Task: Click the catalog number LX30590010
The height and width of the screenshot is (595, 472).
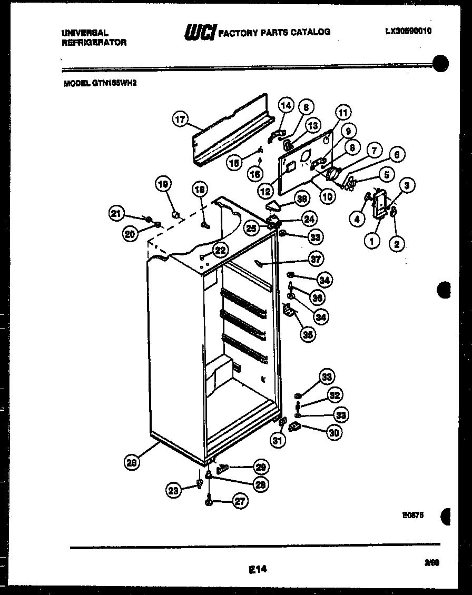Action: pos(408,31)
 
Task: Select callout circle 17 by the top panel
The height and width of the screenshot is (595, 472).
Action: pos(180,120)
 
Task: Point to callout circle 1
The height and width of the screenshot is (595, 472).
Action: pos(372,242)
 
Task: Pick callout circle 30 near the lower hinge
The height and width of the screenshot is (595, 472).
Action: pos(333,432)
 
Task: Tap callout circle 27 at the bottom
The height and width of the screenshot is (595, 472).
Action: pos(240,501)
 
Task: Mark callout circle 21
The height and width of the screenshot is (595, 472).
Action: pos(116,213)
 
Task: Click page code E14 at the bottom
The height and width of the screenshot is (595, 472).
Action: pos(257,569)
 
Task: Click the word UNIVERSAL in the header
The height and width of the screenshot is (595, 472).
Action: pos(85,33)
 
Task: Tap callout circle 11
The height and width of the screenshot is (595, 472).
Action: pos(343,112)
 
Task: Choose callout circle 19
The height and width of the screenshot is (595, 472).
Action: pos(163,184)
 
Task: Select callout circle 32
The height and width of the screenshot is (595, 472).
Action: pos(335,395)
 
